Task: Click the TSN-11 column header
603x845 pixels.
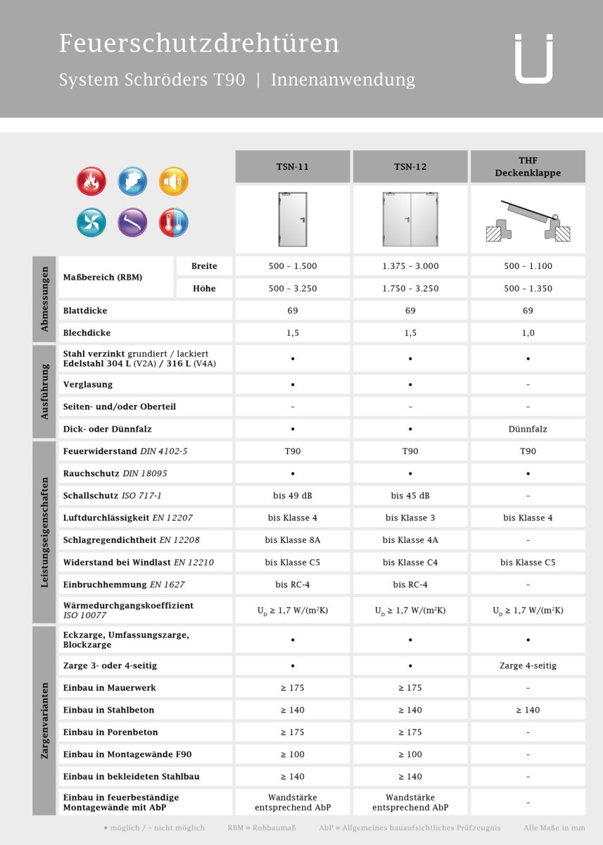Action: click(292, 167)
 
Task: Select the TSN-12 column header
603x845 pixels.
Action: click(410, 167)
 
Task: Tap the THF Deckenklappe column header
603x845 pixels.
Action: click(528, 167)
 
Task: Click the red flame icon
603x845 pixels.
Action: click(91, 181)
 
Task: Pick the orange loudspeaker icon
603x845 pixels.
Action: click(173, 181)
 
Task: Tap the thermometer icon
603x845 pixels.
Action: click(173, 223)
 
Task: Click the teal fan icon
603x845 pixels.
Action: click(91, 223)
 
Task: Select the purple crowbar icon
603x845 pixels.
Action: click(132, 223)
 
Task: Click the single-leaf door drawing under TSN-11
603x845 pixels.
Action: click(293, 219)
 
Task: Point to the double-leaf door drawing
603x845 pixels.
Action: click(410, 219)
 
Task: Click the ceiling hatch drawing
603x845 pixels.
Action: click(528, 220)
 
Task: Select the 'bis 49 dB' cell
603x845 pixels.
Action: click(293, 496)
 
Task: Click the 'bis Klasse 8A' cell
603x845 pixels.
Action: click(293, 540)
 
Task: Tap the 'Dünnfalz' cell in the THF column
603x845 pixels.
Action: click(528, 429)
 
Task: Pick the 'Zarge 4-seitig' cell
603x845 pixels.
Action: click(528, 665)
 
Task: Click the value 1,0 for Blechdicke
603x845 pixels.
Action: click(528, 333)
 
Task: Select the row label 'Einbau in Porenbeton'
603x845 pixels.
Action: click(110, 732)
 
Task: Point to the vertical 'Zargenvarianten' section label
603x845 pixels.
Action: click(44, 720)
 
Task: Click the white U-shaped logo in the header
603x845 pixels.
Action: click(533, 59)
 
